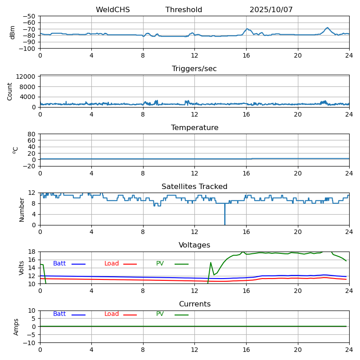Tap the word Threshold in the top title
tap(184, 10)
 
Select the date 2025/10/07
tap(271, 10)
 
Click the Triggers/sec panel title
tap(194, 69)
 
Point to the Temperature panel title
tap(194, 128)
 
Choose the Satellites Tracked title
tap(194, 187)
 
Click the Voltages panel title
tap(194, 245)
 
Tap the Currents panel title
tap(194, 304)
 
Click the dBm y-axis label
tap(13, 32)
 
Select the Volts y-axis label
tap(22, 268)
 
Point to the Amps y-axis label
tap(16, 327)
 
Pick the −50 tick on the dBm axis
tap(30, 16)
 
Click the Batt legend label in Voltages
tap(59, 264)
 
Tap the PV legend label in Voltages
tap(160, 264)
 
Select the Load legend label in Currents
tap(112, 314)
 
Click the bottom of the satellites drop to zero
tap(225, 224)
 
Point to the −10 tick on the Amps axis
tap(30, 343)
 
